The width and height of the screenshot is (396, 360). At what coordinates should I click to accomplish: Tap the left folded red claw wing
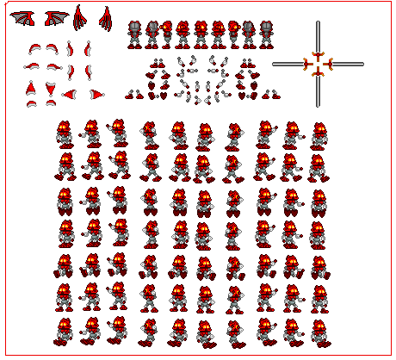[80, 18]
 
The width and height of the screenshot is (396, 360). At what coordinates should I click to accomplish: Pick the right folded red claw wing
[106, 18]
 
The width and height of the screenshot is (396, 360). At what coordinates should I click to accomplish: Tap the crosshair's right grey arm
[348, 64]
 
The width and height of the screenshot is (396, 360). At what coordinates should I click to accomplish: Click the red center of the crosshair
[318, 64]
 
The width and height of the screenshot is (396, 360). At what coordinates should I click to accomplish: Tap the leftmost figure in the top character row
[135, 34]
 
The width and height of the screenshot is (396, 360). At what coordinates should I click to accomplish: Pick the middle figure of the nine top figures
[200, 34]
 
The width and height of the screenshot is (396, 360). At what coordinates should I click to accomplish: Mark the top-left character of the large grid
[65, 134]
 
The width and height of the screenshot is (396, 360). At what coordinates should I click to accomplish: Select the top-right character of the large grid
[319, 134]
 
